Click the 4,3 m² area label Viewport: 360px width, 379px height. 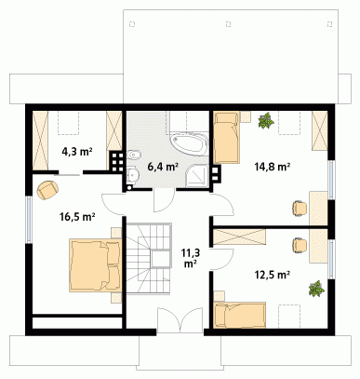[x=77, y=152]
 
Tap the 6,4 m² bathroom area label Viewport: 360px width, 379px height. [x=163, y=167]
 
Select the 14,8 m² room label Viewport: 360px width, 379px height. [x=273, y=167]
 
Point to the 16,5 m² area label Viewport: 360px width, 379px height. [x=77, y=217]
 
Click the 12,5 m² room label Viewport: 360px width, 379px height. [x=273, y=275]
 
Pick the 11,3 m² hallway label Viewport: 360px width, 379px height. [x=191, y=258]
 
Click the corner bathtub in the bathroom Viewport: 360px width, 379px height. [x=188, y=144]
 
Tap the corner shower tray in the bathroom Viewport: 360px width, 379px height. [x=197, y=176]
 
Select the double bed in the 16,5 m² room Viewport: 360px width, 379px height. [x=95, y=265]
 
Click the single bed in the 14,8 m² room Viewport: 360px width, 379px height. [x=227, y=138]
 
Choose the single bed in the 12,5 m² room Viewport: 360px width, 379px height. [x=240, y=315]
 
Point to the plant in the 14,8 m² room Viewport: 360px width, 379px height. [x=266, y=120]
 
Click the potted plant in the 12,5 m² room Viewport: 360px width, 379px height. [x=316, y=289]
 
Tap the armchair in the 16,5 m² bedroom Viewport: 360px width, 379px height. [x=47, y=190]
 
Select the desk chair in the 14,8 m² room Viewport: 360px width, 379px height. [x=300, y=208]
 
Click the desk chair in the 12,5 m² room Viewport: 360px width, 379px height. [x=300, y=246]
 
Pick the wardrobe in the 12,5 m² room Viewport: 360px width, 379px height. [x=240, y=238]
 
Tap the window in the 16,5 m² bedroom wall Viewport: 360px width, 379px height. [x=29, y=220]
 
